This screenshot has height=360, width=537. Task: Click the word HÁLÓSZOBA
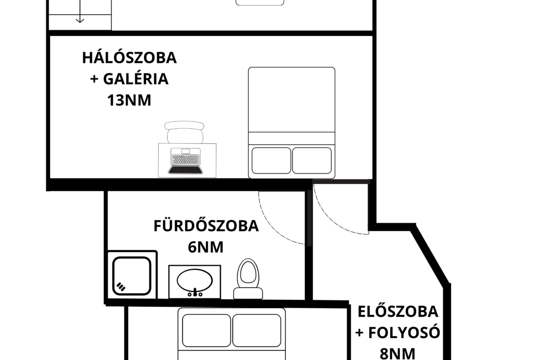tap(129, 57)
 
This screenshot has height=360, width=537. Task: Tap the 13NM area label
tap(129, 100)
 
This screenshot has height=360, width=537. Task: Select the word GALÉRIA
tap(136, 79)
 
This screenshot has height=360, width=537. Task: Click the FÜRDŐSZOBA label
tap(206, 226)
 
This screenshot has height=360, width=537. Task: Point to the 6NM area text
tap(206, 247)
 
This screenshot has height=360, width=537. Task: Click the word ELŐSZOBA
tap(398, 311)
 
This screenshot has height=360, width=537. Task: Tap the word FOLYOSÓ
tap(404, 332)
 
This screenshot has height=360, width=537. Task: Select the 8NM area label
tap(397, 354)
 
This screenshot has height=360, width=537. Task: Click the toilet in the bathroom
tap(248, 279)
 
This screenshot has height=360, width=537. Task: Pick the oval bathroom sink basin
tap(195, 279)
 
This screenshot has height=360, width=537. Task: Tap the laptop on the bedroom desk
tap(185, 161)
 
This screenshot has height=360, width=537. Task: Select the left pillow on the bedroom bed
tap(271, 161)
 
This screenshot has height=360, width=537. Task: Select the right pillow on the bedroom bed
tap(312, 161)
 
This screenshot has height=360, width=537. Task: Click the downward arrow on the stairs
tap(80, 11)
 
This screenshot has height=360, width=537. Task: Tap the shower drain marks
tap(121, 286)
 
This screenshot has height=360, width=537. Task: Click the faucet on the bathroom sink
tap(195, 293)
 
